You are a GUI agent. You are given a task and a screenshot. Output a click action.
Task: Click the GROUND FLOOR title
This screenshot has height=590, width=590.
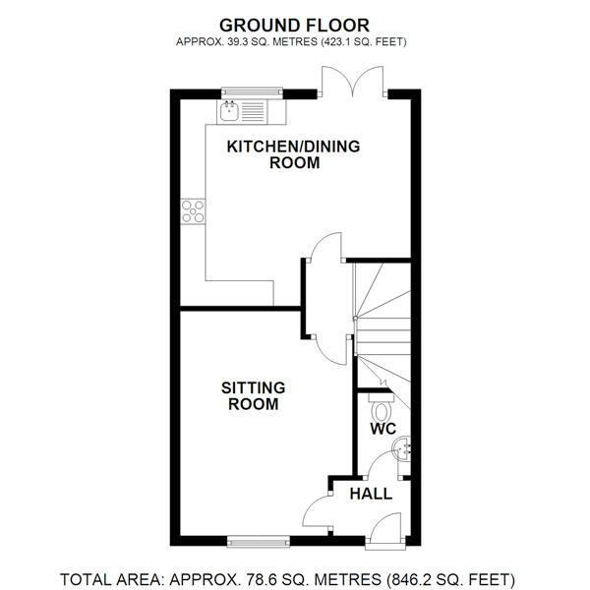tap(294, 26)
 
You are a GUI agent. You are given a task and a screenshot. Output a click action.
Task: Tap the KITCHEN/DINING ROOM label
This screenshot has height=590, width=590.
tap(293, 154)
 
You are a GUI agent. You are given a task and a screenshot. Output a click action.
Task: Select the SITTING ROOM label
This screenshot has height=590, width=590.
tap(254, 396)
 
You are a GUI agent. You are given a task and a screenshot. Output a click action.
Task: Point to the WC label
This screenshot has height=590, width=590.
tap(383, 429)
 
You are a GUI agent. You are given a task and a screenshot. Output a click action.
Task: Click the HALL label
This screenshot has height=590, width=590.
tap(371, 494)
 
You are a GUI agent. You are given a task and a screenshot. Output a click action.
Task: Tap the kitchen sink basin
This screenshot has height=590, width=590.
tap(229, 111)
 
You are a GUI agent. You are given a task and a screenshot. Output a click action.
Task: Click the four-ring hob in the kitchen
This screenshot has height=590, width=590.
tap(193, 211)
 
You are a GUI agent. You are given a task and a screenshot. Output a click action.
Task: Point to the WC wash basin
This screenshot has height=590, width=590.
tap(401, 448)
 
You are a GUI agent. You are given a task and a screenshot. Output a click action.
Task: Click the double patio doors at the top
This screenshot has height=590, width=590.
tap(353, 82)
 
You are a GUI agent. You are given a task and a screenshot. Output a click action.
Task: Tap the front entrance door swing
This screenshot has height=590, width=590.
tap(386, 528)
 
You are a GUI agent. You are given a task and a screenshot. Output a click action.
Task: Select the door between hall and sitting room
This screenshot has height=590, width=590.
tap(317, 512)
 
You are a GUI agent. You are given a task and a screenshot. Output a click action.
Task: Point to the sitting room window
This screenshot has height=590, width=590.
tap(259, 542)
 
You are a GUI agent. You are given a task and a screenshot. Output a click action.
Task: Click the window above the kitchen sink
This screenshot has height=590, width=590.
tap(252, 92)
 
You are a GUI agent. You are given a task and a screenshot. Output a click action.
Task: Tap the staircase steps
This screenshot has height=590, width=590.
tap(383, 330)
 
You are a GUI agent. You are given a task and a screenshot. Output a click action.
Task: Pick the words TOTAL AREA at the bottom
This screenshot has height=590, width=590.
tap(111, 579)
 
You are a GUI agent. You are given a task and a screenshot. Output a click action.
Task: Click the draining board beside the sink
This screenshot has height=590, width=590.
tap(253, 112)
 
